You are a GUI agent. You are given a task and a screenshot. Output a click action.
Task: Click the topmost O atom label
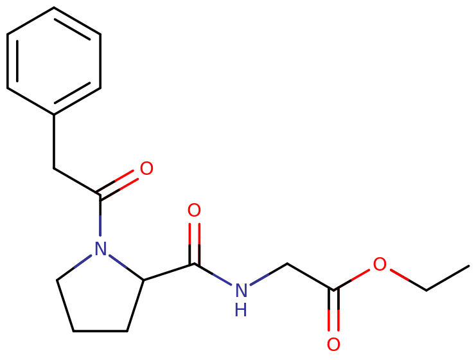(x=146, y=169)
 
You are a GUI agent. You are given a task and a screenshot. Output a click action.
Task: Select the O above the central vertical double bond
(x=194, y=210)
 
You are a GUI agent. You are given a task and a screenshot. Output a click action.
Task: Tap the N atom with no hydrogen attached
(x=100, y=249)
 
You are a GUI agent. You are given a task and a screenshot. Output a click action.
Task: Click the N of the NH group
(x=240, y=291)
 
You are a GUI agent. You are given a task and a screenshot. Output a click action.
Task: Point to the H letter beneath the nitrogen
(x=240, y=310)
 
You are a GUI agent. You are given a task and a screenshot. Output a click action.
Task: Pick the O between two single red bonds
(x=380, y=264)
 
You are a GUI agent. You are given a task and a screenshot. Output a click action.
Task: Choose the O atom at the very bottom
(x=333, y=345)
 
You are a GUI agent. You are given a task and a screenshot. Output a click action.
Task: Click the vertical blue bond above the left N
(x=100, y=225)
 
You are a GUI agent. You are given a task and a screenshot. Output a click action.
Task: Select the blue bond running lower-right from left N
(x=118, y=261)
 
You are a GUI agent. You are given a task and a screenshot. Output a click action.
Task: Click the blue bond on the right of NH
(x=259, y=279)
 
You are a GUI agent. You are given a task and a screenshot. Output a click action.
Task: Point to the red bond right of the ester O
(x=399, y=275)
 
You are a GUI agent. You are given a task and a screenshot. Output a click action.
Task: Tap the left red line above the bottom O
(x=330, y=319)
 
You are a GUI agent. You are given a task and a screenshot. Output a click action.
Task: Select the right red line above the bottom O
(x=338, y=319)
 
